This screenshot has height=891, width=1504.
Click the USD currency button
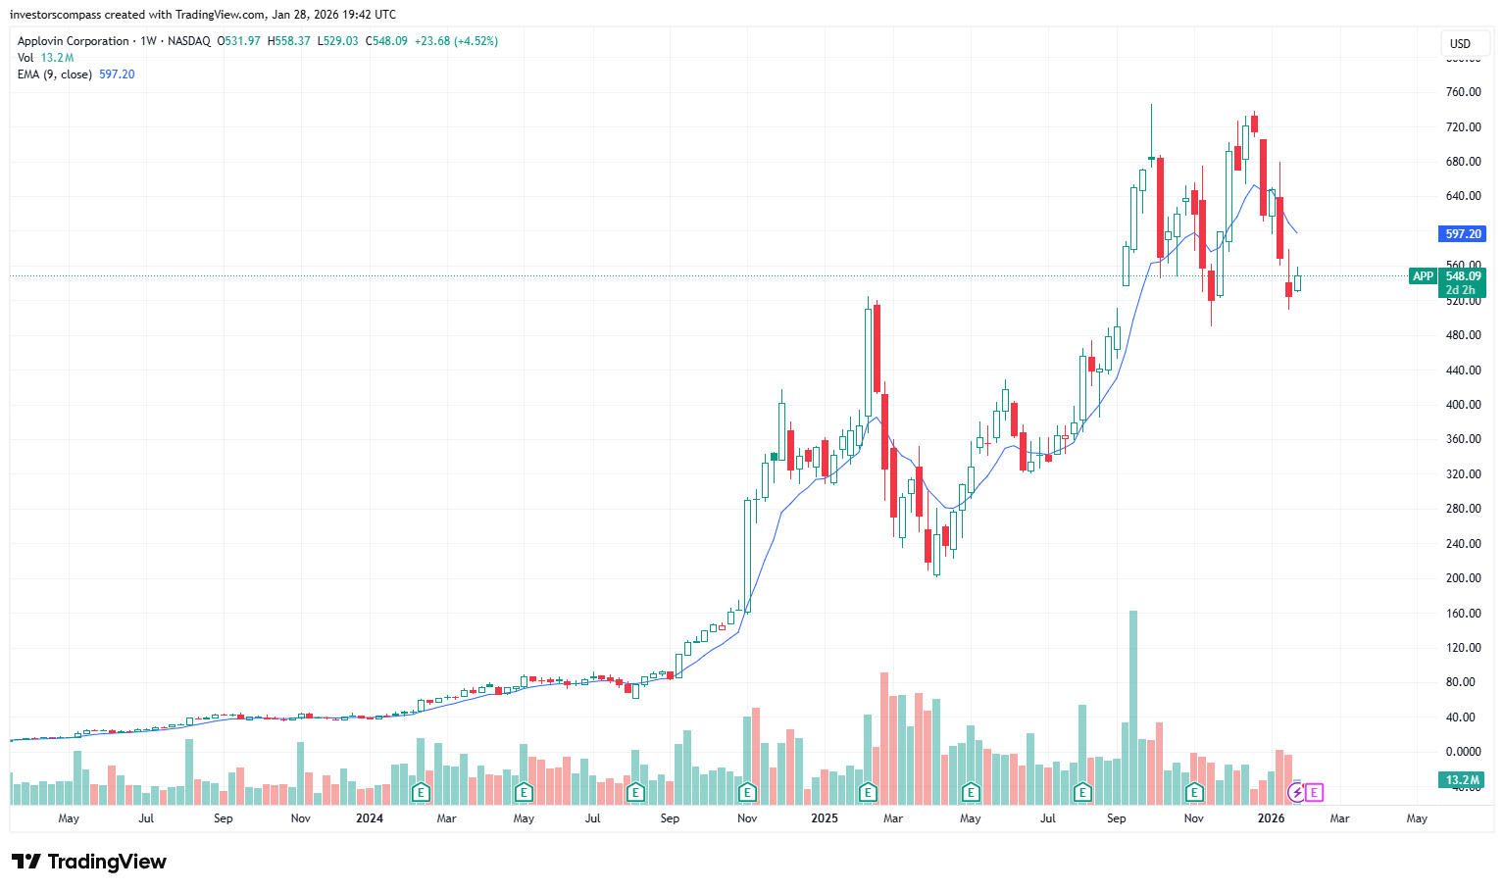1460,43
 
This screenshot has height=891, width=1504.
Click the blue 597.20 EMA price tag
1463,234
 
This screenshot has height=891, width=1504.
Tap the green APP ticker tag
1423,276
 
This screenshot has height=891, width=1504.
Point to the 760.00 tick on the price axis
1463,92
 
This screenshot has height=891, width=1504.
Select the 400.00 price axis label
1463,405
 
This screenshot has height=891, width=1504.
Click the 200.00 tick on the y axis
1463,578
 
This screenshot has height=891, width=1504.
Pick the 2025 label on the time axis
825,818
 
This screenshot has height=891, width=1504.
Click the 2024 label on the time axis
370,818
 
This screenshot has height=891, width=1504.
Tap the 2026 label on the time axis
1271,818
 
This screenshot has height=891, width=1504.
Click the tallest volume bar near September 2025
1133,706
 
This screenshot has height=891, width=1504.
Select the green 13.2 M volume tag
1463,780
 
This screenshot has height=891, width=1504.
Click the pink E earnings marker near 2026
1315,792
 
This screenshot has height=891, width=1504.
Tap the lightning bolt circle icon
1296,792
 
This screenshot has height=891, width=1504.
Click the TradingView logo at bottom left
89,862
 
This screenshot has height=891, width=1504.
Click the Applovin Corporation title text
74,41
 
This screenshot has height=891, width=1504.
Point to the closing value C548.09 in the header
386,41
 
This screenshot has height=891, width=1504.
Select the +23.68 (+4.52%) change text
456,41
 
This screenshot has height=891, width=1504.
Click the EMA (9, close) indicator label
55,74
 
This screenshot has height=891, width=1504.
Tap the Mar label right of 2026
1339,818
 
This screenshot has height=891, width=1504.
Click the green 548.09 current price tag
1463,276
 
